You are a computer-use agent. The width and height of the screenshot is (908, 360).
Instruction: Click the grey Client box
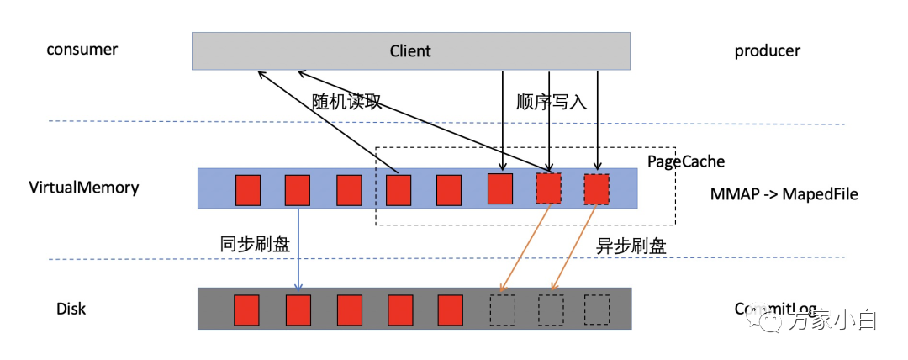tap(410, 50)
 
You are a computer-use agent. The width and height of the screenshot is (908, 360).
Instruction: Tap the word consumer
tap(82, 50)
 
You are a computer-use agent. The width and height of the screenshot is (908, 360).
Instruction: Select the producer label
tap(767, 51)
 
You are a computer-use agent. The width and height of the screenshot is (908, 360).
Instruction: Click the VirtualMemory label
tap(83, 188)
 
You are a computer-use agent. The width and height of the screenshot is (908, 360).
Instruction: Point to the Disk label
tap(71, 309)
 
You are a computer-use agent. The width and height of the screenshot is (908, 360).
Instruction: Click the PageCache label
tap(685, 161)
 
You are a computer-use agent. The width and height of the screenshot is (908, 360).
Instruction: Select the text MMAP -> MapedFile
tap(783, 194)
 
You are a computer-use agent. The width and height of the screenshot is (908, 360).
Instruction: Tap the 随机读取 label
tap(346, 102)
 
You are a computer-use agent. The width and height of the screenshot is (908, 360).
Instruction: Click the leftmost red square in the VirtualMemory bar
tap(247, 189)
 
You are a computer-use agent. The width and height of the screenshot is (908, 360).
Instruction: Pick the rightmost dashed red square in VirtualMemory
tap(597, 189)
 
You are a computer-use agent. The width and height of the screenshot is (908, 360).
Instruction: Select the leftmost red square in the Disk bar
tap(246, 310)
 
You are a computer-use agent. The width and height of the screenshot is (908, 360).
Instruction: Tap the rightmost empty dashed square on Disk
tap(597, 310)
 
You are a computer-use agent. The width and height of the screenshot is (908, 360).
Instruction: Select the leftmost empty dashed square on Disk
tap(502, 310)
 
